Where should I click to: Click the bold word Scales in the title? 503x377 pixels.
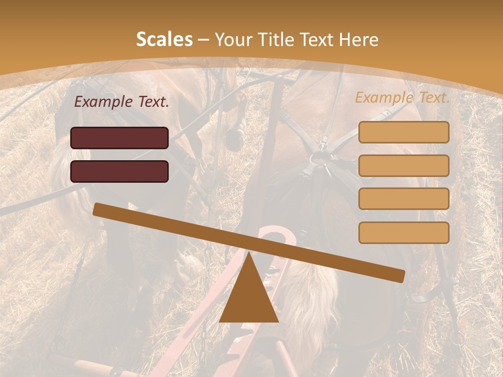tap(164, 39)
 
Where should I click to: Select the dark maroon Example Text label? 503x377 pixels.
tap(122, 102)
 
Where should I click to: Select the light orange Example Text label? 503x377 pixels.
tap(402, 97)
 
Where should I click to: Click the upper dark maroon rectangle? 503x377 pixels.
tap(119, 138)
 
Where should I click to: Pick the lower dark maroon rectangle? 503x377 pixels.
tap(119, 171)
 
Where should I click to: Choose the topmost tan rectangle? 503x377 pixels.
tap(403, 132)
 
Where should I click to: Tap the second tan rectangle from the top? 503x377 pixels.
tap(403, 165)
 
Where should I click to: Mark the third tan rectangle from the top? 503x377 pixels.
tap(403, 198)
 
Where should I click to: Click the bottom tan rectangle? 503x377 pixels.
tap(403, 232)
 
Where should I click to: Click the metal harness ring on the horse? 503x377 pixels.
tap(320, 158)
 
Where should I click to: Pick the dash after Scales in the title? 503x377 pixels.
tap(204, 40)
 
